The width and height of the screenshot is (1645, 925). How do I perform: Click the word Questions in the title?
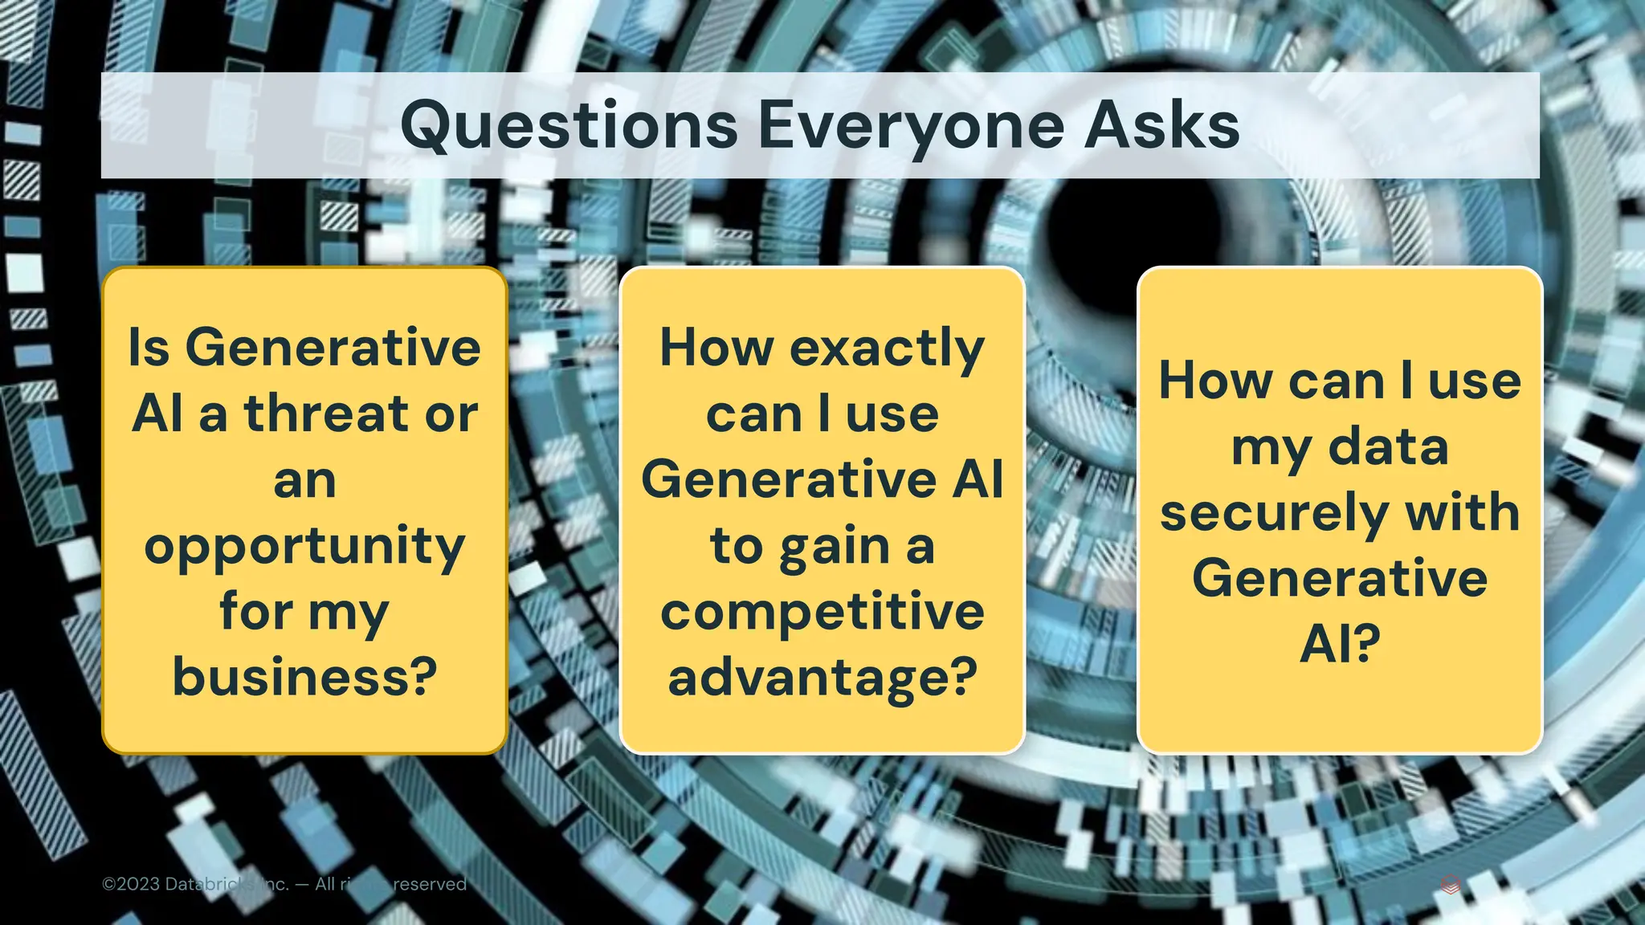click(x=569, y=126)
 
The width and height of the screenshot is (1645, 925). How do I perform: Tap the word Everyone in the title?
click(x=908, y=126)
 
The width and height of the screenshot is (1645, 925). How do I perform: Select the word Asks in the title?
click(x=1161, y=126)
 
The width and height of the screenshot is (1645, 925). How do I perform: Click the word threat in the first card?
click(x=327, y=414)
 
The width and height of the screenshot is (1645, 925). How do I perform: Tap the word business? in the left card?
click(x=304, y=677)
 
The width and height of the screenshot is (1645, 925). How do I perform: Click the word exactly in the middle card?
click(x=887, y=349)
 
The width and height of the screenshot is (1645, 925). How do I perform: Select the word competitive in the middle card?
click(x=822, y=612)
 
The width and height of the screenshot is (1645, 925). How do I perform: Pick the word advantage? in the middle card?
click(x=822, y=678)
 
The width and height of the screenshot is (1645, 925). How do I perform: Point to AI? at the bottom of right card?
click(x=1340, y=644)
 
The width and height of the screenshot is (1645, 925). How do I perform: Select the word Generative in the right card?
click(x=1340, y=578)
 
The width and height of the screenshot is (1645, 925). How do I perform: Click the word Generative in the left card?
click(x=333, y=348)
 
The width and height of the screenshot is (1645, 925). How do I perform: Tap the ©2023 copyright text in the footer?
click(x=133, y=884)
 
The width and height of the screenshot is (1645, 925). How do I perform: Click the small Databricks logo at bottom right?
click(x=1451, y=885)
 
